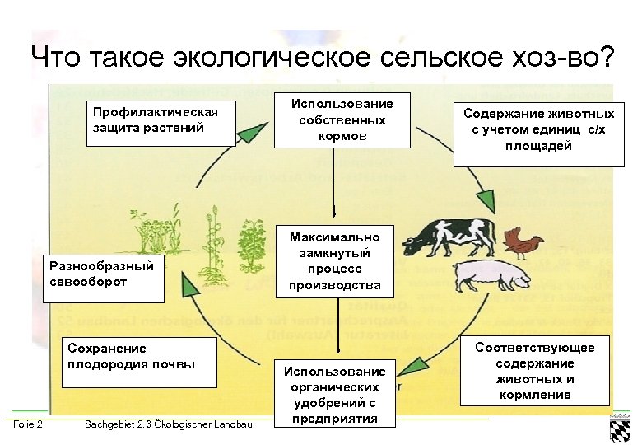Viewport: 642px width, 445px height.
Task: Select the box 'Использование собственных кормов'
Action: pos(342,120)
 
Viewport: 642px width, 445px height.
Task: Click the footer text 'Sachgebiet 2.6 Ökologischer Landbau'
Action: pos(169,424)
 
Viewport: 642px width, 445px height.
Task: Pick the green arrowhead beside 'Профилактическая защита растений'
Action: pos(256,133)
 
